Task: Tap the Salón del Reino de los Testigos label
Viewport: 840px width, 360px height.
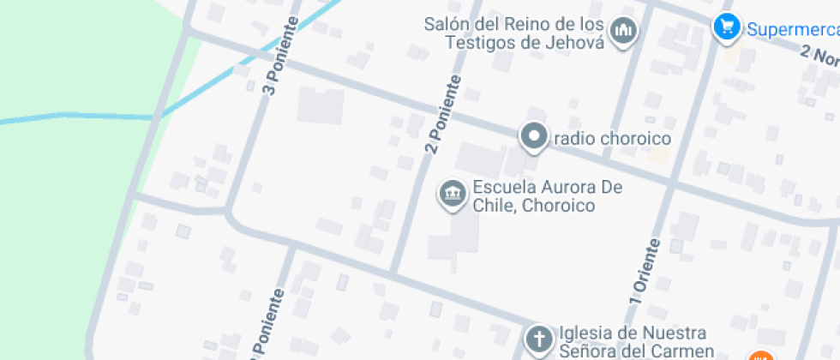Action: point(514,33)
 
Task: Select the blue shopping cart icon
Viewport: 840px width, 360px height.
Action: point(726,28)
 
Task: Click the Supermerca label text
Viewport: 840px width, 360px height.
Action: point(791,29)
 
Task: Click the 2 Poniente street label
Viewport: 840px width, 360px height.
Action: point(442,115)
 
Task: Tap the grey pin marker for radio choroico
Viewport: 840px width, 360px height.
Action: point(535,137)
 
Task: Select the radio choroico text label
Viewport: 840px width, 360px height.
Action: point(612,138)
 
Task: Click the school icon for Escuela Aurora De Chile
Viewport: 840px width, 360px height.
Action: point(452,195)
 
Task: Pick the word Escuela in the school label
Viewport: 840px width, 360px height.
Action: point(502,188)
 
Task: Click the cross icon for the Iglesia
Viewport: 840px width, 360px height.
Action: point(539,339)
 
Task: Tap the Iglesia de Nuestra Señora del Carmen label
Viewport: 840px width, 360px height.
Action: point(634,341)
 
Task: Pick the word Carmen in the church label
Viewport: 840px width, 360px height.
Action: point(682,351)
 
